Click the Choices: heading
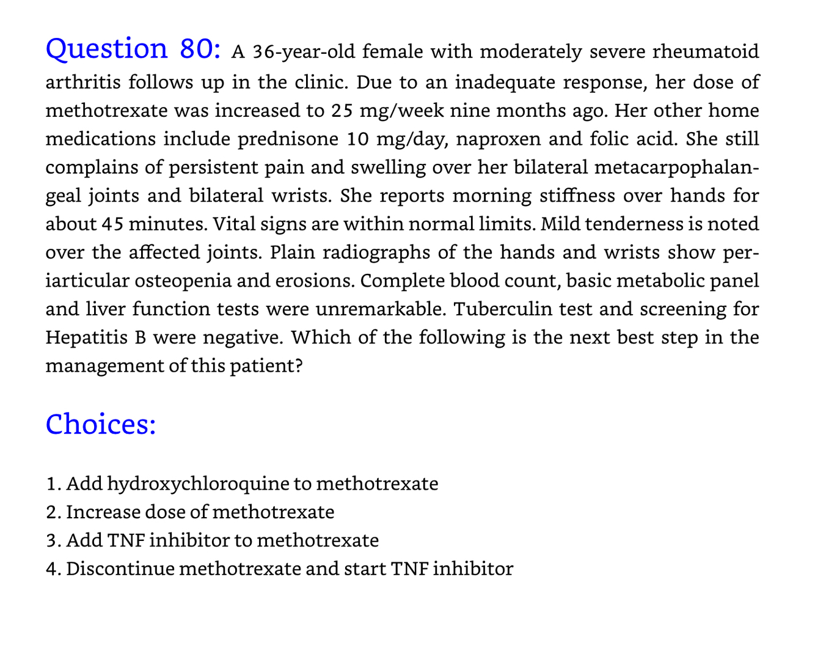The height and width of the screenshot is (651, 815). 101,424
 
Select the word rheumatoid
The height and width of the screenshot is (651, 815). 706,51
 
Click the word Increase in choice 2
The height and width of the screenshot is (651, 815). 103,512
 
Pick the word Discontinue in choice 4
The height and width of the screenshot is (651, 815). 120,569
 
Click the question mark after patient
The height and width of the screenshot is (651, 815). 298,366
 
